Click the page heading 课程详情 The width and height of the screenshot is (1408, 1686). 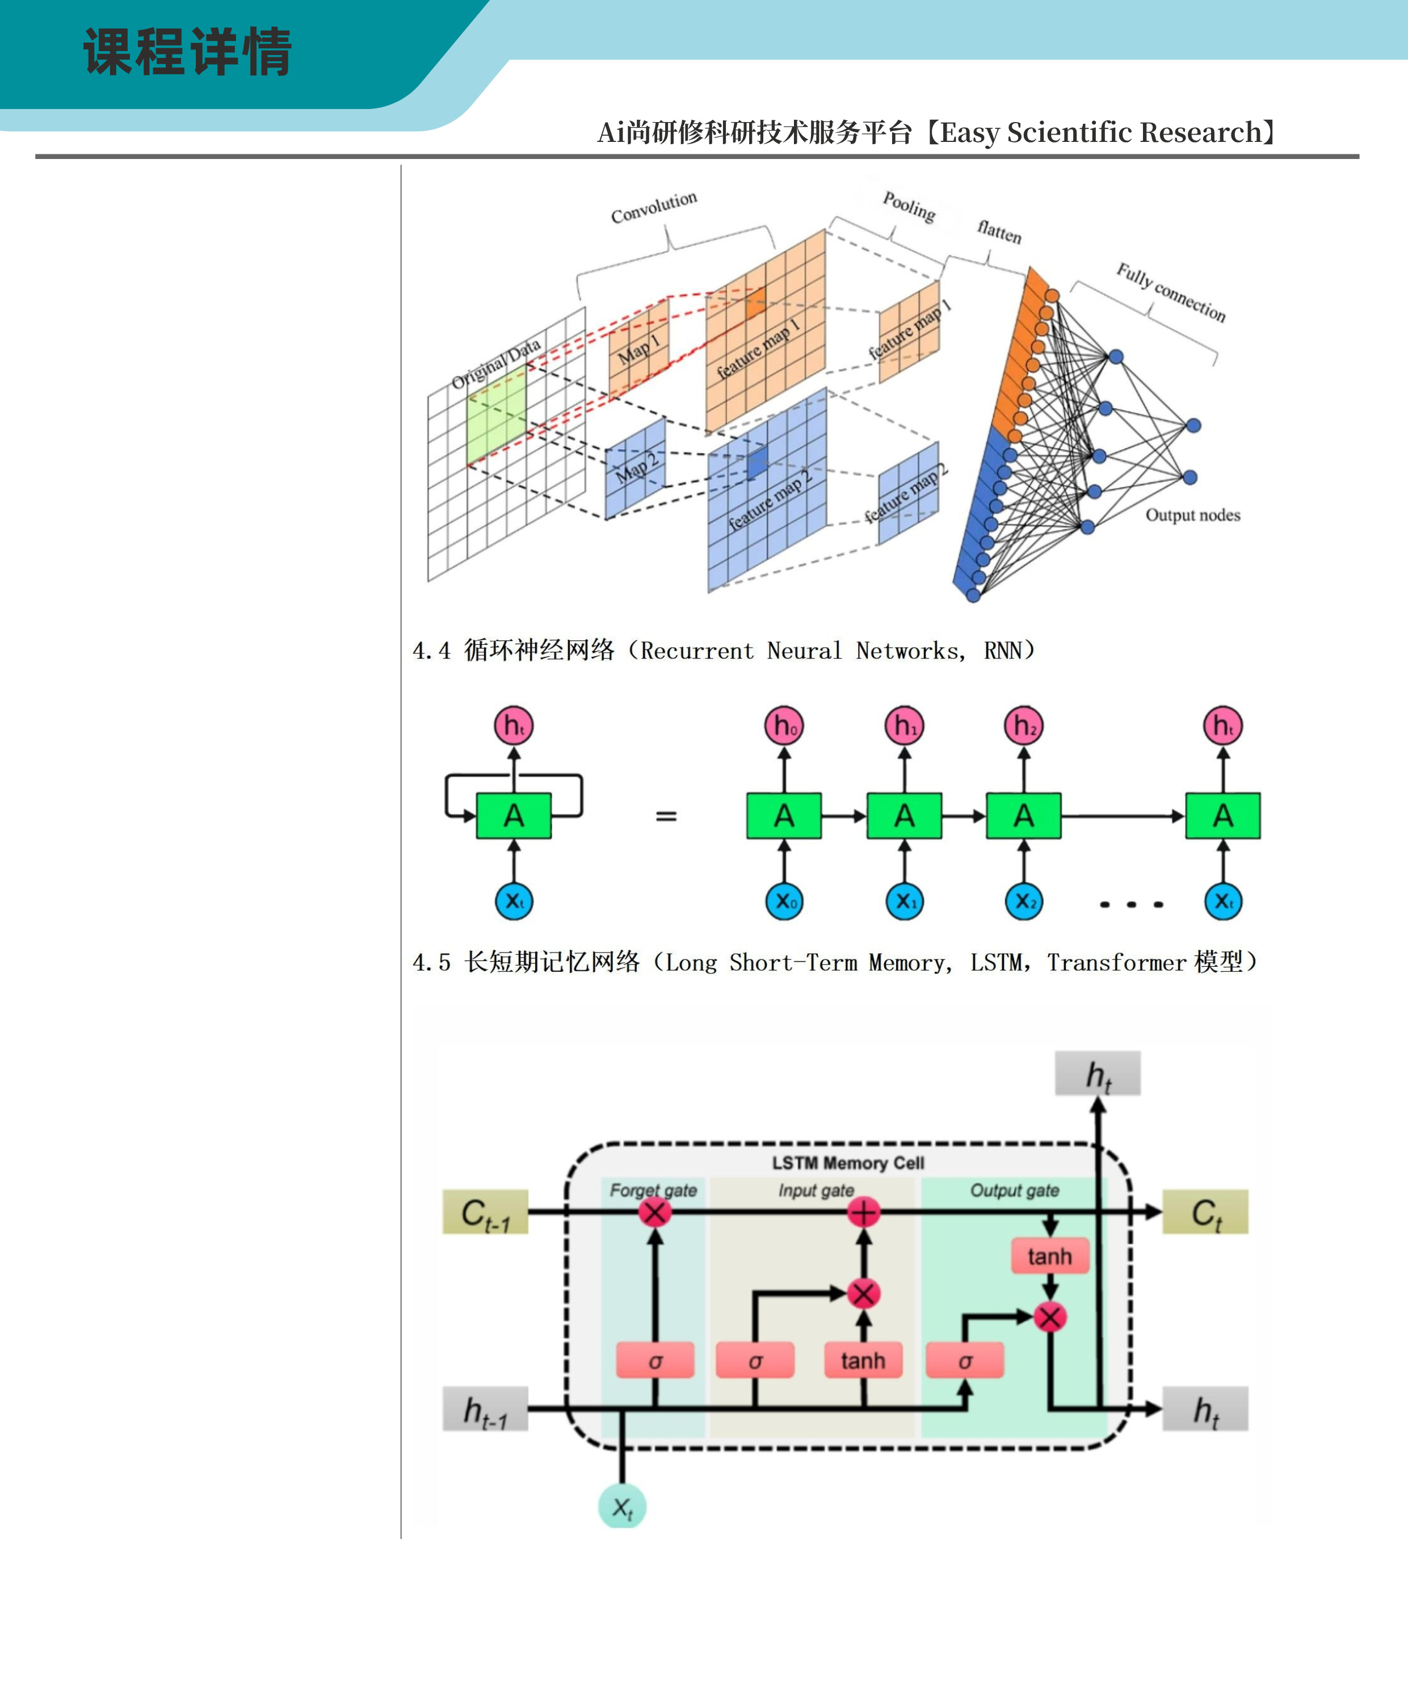pyautogui.click(x=187, y=52)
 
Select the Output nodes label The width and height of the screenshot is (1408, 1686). pyautogui.click(x=1192, y=515)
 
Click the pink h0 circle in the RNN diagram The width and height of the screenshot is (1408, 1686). pyautogui.click(x=784, y=726)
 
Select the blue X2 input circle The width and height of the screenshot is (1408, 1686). pyautogui.click(x=1023, y=901)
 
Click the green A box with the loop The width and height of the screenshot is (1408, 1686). pyautogui.click(x=514, y=816)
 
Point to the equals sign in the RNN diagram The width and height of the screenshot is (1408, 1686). pyautogui.click(x=666, y=816)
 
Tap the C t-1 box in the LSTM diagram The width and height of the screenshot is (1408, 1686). pyautogui.click(x=485, y=1213)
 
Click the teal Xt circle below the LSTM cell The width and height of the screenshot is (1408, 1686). pyautogui.click(x=622, y=1507)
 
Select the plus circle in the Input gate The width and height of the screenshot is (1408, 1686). pyautogui.click(x=864, y=1213)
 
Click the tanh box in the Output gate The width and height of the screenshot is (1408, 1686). pyautogui.click(x=1049, y=1256)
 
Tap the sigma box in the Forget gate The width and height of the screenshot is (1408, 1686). pyautogui.click(x=655, y=1361)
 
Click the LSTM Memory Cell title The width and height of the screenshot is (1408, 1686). pyautogui.click(x=848, y=1163)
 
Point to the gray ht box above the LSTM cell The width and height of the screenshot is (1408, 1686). pyautogui.click(x=1098, y=1074)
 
